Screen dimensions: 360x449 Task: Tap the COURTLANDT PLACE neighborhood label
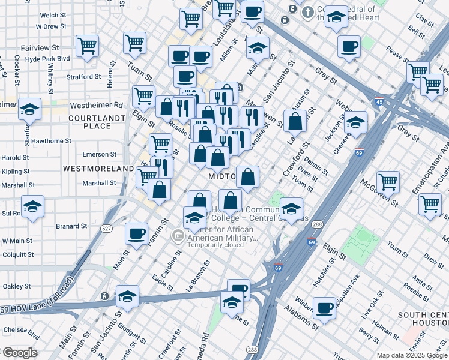tap(97, 122)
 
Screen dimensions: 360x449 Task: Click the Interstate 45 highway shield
tap(378, 101)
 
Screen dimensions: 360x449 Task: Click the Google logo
tap(19, 352)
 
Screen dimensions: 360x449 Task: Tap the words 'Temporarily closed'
tap(215, 245)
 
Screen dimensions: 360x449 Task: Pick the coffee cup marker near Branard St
tap(136, 233)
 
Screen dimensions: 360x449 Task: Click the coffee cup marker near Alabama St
tap(325, 308)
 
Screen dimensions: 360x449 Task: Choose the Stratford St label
tap(83, 77)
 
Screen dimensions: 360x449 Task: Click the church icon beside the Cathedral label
tap(307, 11)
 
